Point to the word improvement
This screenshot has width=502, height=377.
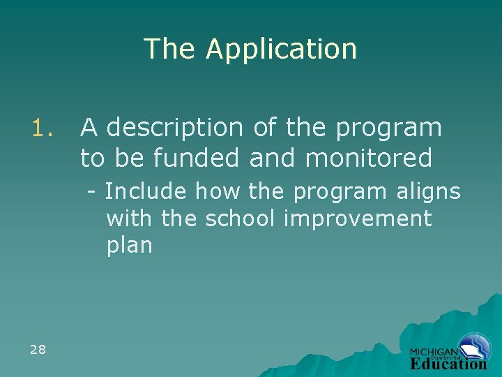coord(358,219)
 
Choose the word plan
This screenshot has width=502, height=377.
coord(129,246)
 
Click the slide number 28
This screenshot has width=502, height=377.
coord(38,349)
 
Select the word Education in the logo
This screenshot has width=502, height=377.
coord(448,364)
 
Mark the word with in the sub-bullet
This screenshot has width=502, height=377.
coord(130,219)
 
